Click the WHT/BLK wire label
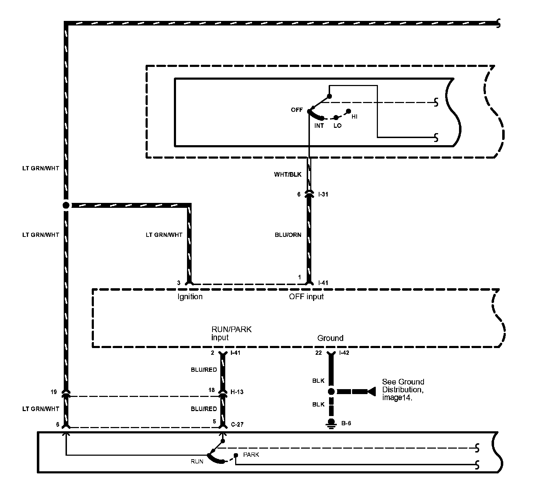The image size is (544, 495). [288, 175]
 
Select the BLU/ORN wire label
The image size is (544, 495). [288, 235]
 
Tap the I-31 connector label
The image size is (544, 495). [323, 194]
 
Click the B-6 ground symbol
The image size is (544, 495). [331, 423]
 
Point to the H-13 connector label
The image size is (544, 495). [237, 392]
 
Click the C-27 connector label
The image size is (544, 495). [237, 425]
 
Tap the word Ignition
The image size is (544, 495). [190, 297]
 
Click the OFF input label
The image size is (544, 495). [306, 297]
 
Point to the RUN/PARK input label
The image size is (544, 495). [231, 334]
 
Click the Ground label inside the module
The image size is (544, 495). [330, 338]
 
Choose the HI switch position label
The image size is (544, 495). [355, 116]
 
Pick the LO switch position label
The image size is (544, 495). [337, 126]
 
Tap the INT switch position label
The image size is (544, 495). [319, 126]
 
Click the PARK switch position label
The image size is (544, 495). [251, 455]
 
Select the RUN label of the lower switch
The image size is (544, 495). [197, 461]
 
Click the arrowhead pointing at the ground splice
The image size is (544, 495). [371, 392]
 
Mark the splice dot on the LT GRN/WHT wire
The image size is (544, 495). [66, 205]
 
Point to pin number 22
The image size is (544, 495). [318, 353]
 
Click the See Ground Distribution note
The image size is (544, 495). [403, 389]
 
